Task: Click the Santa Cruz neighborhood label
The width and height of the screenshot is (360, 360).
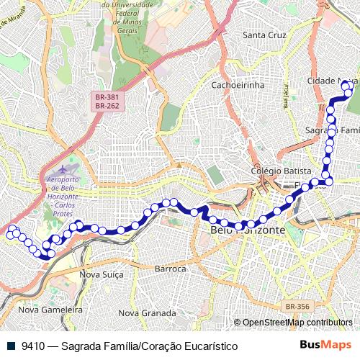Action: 266,35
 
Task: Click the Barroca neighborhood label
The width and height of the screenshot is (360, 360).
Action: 171,269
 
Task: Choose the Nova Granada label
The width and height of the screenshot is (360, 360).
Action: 147,313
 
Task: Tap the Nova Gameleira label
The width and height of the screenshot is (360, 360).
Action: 51,310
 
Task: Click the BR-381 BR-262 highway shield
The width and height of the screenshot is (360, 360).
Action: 107,101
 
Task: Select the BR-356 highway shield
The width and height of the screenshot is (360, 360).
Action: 297,307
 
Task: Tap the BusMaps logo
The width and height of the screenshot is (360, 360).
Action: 325,345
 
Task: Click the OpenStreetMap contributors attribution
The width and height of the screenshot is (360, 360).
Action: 297,323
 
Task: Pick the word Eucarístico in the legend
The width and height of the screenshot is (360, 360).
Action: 210,346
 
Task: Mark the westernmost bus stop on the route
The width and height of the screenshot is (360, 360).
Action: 11,233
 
